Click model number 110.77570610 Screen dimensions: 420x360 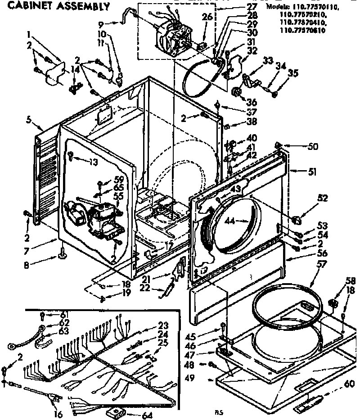[x=303, y=31]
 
